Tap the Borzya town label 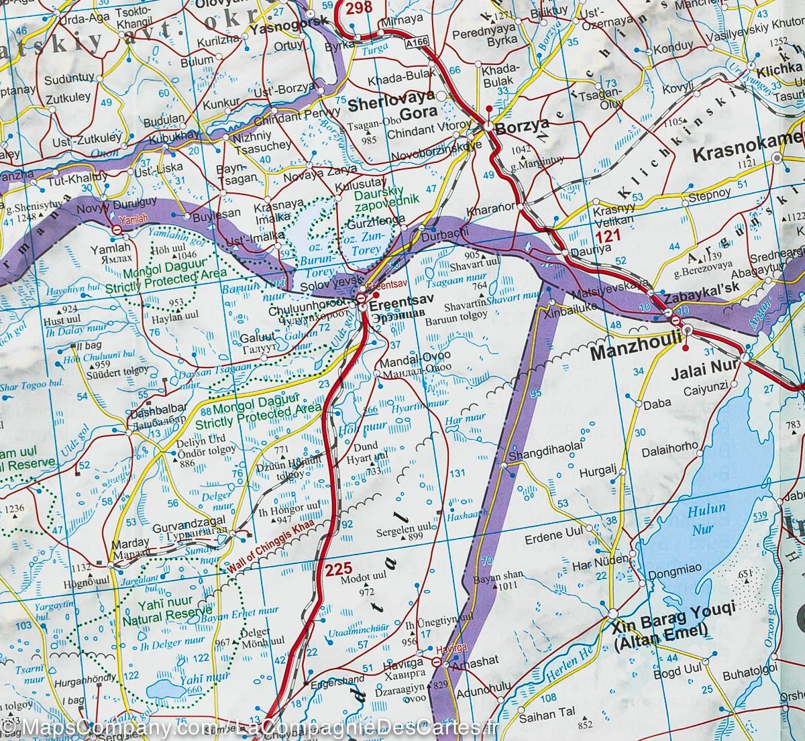pyautogui.click(x=525, y=124)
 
